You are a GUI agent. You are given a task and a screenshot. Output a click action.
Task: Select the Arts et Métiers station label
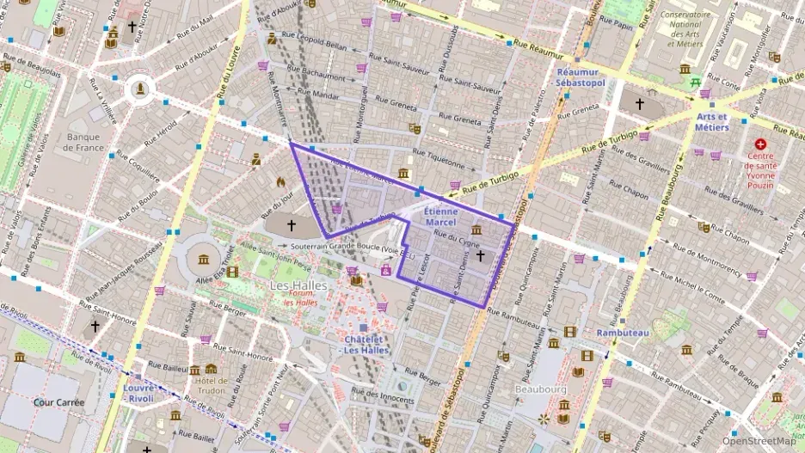tap(712, 121)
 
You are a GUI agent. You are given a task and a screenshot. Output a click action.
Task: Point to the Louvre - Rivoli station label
tap(138, 392)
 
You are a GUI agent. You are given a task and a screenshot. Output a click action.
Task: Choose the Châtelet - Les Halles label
tap(365, 344)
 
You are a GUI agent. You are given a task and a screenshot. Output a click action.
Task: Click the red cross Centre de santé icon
tap(759, 145)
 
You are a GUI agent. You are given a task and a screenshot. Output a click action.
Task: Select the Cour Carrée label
tap(57, 401)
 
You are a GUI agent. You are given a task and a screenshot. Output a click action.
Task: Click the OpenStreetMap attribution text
tap(759, 441)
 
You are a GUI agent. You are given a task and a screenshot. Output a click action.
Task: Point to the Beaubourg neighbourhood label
tap(538, 389)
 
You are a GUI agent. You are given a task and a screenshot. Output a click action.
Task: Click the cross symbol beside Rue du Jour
tap(291, 225)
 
